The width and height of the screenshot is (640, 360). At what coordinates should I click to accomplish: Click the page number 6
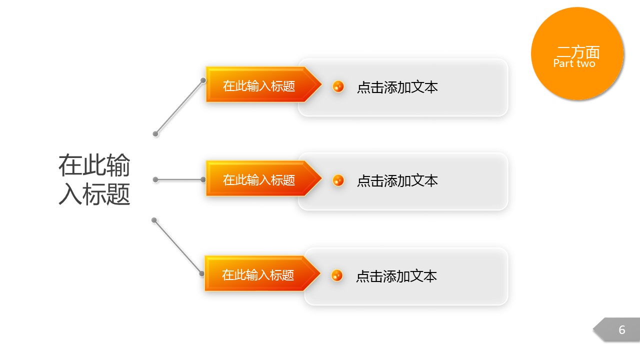tap(621, 329)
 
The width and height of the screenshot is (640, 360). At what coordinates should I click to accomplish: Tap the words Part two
tap(574, 63)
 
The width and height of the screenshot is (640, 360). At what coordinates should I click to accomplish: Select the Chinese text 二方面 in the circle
tap(578, 52)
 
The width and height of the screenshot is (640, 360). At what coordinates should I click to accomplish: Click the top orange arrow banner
tap(263, 84)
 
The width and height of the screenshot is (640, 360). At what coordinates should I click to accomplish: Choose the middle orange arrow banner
tap(263, 178)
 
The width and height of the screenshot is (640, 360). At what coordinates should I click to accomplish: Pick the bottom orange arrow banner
tap(262, 273)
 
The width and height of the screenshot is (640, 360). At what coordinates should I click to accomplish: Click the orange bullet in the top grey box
tap(338, 86)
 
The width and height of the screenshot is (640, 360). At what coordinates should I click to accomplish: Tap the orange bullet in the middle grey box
tap(338, 180)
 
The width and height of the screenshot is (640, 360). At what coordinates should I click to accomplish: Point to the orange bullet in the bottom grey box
tap(337, 275)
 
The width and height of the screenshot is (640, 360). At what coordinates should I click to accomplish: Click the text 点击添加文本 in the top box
tap(397, 87)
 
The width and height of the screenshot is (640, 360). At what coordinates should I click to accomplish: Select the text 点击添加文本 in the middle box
tap(397, 180)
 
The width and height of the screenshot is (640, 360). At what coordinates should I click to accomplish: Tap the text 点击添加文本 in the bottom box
tap(396, 276)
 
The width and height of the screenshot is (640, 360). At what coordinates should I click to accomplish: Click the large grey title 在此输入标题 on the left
tap(94, 179)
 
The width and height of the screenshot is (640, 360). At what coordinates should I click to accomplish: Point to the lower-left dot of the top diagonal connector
tap(155, 133)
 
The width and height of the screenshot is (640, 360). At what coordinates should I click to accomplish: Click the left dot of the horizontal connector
tap(155, 179)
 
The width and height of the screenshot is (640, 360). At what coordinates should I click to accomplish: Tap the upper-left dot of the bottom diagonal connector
tap(154, 220)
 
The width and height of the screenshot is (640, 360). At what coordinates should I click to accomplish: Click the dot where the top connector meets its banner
tap(203, 80)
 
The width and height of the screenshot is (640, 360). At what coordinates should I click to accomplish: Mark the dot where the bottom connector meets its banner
tap(201, 273)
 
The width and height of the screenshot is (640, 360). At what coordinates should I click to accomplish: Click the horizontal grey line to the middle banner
tap(179, 179)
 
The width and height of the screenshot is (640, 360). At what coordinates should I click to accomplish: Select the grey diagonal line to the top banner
tap(179, 107)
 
